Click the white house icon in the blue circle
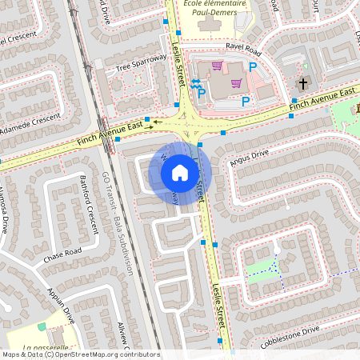(x=180, y=173)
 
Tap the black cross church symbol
(x=302, y=83)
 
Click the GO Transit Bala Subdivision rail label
(x=117, y=223)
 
